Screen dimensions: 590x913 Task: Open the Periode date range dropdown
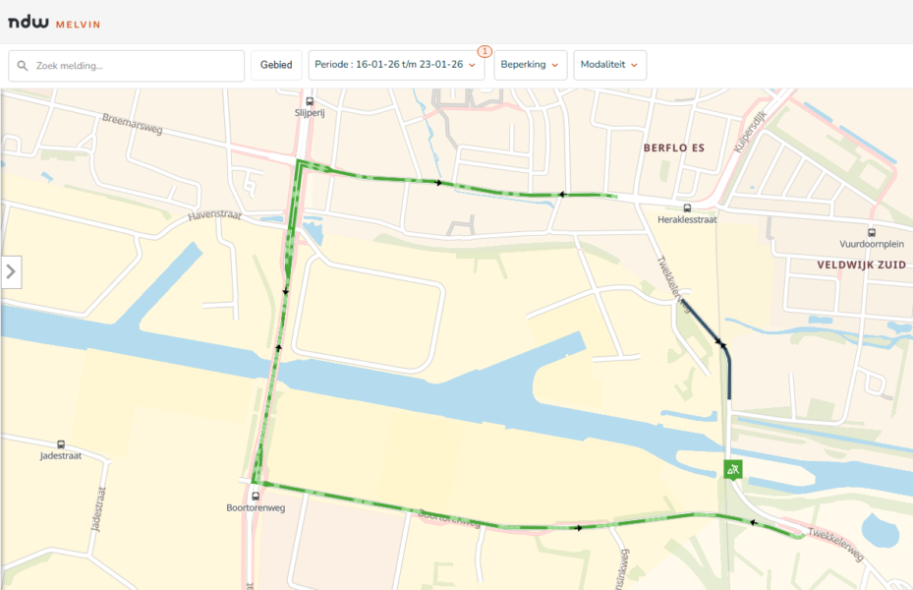[x=395, y=66]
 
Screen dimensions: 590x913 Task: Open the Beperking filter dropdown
[x=530, y=66]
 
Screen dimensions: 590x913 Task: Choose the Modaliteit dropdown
[x=609, y=66]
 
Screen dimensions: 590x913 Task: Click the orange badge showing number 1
[x=485, y=51]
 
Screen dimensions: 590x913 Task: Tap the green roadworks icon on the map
[x=732, y=470]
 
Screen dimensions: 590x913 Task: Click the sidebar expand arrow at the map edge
[x=11, y=271]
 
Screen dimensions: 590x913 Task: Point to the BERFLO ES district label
[x=673, y=148]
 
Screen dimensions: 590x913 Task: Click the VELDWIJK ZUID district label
[x=859, y=265]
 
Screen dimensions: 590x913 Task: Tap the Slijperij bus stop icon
[x=310, y=101]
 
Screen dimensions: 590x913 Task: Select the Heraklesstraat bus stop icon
[x=687, y=207]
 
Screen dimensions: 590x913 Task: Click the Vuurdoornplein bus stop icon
[x=872, y=232]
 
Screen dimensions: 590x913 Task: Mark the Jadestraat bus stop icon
[x=61, y=444]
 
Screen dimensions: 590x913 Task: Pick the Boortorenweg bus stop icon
[x=256, y=496]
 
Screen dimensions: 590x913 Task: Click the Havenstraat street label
[x=213, y=212]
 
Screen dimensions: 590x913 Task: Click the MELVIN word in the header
[x=78, y=24]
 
